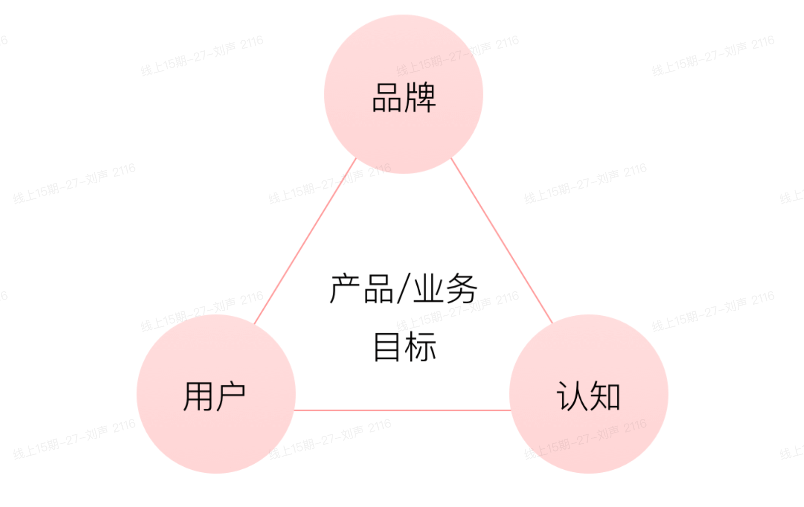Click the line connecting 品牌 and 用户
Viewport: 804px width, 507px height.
point(305,241)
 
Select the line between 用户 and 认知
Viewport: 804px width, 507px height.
point(402,410)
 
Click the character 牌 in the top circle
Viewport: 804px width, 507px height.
point(420,98)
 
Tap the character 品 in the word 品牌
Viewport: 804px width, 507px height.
point(387,98)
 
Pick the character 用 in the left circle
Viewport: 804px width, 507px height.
point(198,396)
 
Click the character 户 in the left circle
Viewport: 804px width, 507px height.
point(231,396)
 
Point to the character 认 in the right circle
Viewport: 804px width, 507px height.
point(571,396)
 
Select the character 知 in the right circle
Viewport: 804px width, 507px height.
point(605,396)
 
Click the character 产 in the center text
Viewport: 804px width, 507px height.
point(345,289)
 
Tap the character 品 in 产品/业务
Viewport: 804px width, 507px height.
point(378,289)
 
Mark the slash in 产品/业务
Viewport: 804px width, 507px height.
point(404,289)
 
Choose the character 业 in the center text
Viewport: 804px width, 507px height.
point(428,289)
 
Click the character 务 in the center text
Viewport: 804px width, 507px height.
point(461,289)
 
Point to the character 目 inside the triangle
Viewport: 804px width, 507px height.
point(387,347)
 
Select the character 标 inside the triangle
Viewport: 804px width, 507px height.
point(420,347)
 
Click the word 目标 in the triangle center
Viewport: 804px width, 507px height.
point(404,347)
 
